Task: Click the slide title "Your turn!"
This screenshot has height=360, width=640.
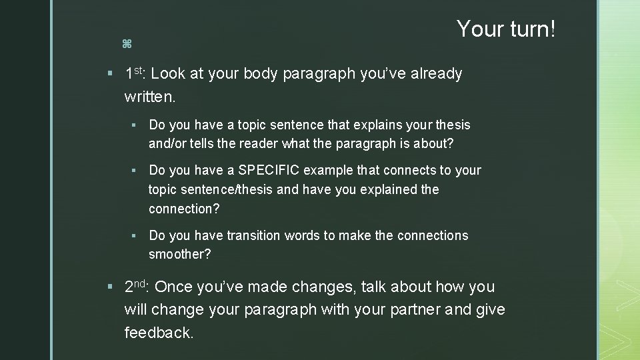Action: pyautogui.click(x=505, y=29)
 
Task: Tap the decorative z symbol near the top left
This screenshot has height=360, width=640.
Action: pyautogui.click(x=127, y=45)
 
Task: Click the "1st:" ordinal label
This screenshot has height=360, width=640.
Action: pyautogui.click(x=139, y=73)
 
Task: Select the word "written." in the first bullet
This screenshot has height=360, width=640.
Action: pyautogui.click(x=150, y=97)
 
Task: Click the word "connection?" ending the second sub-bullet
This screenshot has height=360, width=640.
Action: pyautogui.click(x=183, y=209)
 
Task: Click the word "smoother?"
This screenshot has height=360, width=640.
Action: pyautogui.click(x=179, y=254)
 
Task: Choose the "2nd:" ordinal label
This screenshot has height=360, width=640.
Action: pyautogui.click(x=139, y=287)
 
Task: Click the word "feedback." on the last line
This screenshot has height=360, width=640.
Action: pyautogui.click(x=159, y=333)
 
